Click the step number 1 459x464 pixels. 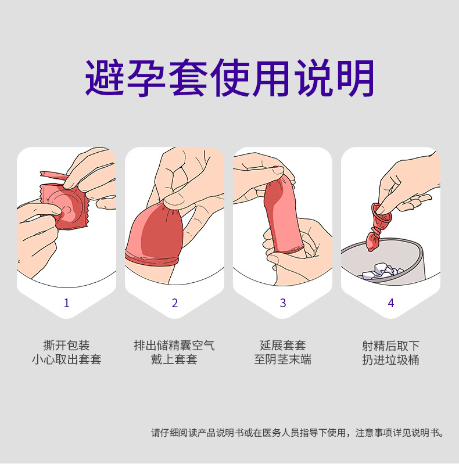point(67,303)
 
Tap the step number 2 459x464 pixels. point(175,303)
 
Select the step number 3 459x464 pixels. point(283,303)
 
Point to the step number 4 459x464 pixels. point(391,303)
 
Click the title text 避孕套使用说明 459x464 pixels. point(230,78)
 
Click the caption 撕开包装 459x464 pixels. point(67,346)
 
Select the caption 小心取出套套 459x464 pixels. point(67,359)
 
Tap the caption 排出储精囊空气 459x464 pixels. point(174,346)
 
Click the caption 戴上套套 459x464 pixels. point(174,359)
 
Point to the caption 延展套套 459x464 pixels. point(283,346)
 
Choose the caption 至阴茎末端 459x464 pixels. point(283,359)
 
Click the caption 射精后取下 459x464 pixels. point(391,346)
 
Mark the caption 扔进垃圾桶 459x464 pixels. point(391,359)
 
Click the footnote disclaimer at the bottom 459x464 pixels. point(297,433)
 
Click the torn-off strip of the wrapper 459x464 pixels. point(54,175)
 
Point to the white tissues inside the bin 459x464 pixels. point(383,271)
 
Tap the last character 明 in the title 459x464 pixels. point(356,78)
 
